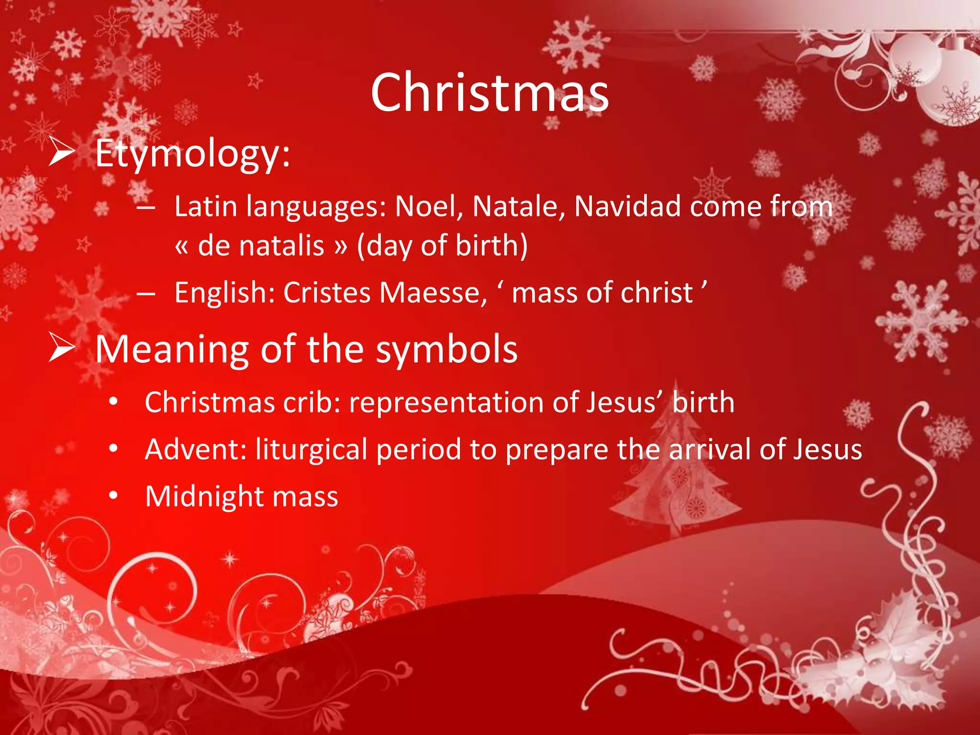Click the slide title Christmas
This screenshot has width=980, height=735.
(490, 93)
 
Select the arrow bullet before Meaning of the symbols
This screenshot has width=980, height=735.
(62, 348)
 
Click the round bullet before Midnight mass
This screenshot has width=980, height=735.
(113, 496)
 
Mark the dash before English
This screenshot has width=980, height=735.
(145, 293)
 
